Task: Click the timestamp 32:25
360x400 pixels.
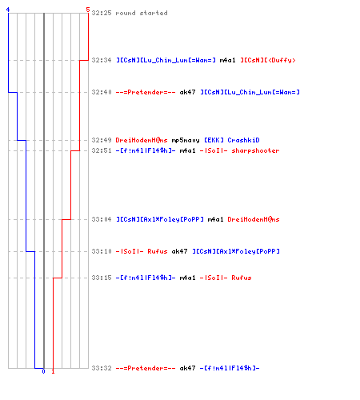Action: click(x=102, y=13)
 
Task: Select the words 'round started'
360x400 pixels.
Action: click(x=142, y=13)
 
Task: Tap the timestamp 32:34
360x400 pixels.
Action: click(x=102, y=60)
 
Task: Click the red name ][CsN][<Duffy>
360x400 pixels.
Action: click(x=268, y=61)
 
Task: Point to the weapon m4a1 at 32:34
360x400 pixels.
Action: click(x=227, y=60)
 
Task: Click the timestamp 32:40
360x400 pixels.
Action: click(x=102, y=92)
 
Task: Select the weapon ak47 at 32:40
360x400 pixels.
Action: click(x=187, y=92)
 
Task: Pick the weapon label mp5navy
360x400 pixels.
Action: click(x=186, y=140)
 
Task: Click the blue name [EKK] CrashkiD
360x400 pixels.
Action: click(x=232, y=140)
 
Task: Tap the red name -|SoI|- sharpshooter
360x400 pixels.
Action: click(x=239, y=150)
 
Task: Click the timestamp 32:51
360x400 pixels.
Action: click(x=102, y=150)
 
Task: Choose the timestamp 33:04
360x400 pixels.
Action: click(x=102, y=219)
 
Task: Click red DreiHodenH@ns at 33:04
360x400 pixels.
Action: click(x=254, y=219)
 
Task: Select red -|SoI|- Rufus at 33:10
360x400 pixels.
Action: click(x=142, y=251)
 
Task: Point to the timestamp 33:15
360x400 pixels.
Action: click(x=102, y=278)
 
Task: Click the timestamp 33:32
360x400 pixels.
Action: click(x=102, y=368)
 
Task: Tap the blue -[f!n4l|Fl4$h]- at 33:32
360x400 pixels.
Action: click(x=230, y=368)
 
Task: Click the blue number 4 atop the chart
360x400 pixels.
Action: click(x=8, y=10)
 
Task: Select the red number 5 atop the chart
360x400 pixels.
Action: click(x=88, y=10)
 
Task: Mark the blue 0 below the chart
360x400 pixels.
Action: click(x=44, y=371)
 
